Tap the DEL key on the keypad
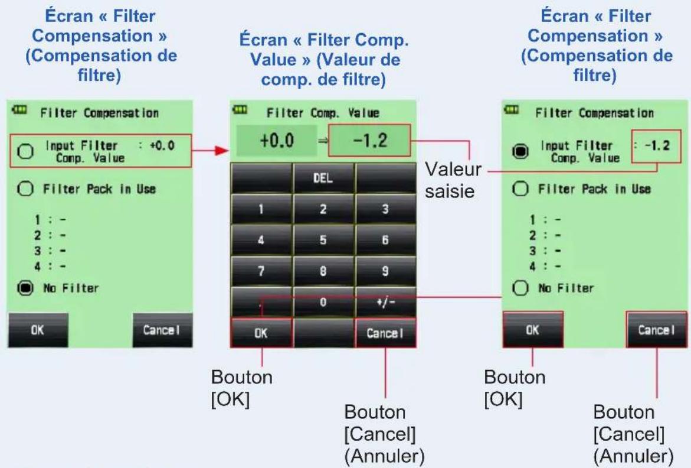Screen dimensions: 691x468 pyautogui.click(x=323, y=178)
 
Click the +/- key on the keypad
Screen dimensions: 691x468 pyautogui.click(x=385, y=302)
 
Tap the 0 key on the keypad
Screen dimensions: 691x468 pyautogui.click(x=323, y=302)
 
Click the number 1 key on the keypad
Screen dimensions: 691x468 pyautogui.click(x=261, y=209)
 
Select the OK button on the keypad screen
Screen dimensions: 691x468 pyautogui.click(x=261, y=333)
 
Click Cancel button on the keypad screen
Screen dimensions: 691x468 pyautogui.click(x=385, y=333)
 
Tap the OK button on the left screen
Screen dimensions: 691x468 pyautogui.click(x=38, y=330)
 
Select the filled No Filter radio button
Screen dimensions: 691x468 pyautogui.click(x=25, y=288)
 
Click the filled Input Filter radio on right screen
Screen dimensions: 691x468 pyautogui.click(x=520, y=151)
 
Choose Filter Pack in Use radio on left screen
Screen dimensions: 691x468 pyautogui.click(x=25, y=188)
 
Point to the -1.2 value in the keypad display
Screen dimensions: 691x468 pyautogui.click(x=370, y=140)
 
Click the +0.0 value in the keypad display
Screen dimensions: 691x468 pyautogui.click(x=277, y=141)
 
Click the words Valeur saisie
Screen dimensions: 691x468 pyautogui.click(x=453, y=180)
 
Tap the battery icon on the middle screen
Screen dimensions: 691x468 pyautogui.click(x=240, y=109)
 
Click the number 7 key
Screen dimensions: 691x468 pyautogui.click(x=261, y=271)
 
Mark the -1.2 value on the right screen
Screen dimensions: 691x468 pyautogui.click(x=657, y=145)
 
